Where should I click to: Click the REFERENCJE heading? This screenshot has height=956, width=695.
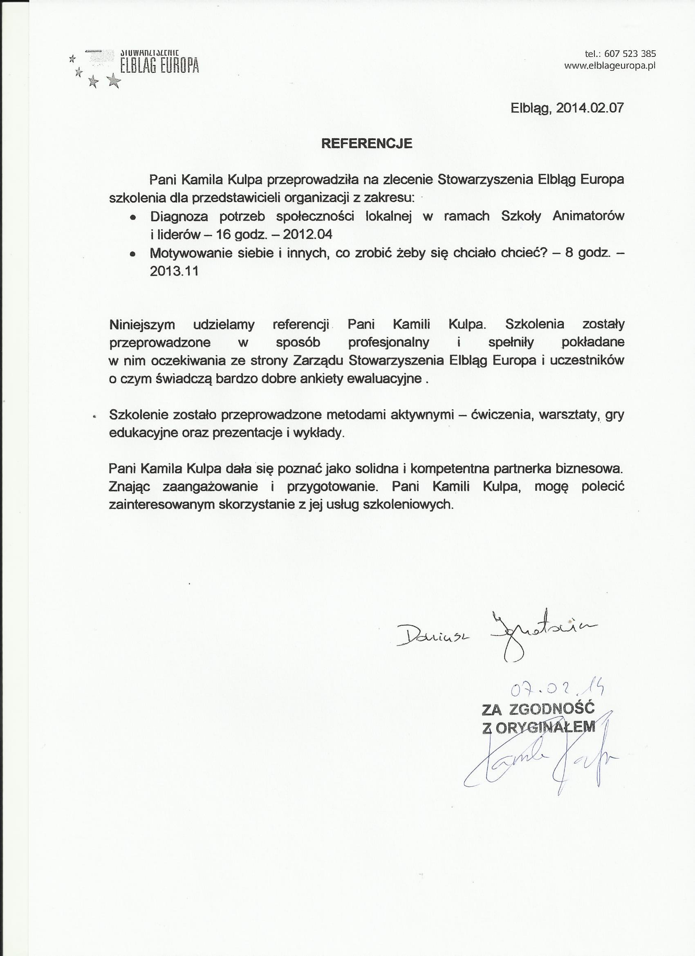click(x=366, y=143)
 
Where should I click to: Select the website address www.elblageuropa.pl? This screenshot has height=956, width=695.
click(x=610, y=66)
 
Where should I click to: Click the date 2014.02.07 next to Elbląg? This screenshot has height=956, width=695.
click(x=589, y=107)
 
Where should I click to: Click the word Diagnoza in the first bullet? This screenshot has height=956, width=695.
click(x=179, y=216)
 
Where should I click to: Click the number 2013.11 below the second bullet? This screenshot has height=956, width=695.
click(x=174, y=271)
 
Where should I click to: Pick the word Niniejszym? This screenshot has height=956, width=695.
click(x=142, y=325)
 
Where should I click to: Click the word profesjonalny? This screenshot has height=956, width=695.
click(x=388, y=342)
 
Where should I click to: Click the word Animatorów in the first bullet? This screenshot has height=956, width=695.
click(x=588, y=216)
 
